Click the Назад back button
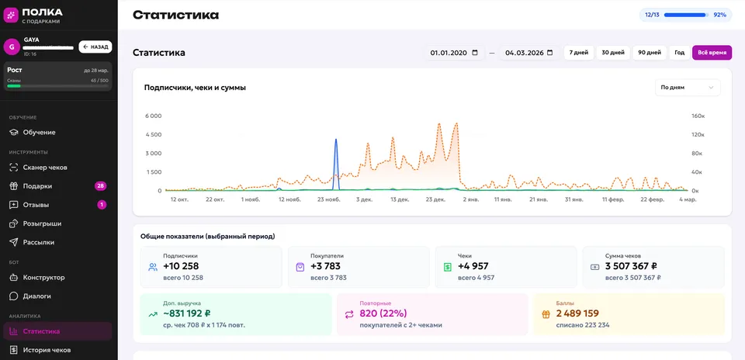tap(95, 47)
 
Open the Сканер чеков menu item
tap(45, 168)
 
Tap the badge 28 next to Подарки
tap(100, 186)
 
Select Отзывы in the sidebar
tap(36, 205)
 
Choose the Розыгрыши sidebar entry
tap(42, 223)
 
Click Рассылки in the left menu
tap(39, 242)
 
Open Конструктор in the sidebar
tap(43, 277)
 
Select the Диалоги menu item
tap(36, 296)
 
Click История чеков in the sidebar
tap(47, 350)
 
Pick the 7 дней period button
tap(579, 53)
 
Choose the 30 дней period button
tap(612, 53)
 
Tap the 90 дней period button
tap(649, 53)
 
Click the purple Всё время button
tap(712, 53)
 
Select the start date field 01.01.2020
tap(454, 53)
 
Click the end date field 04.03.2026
tap(528, 53)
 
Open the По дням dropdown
tap(688, 88)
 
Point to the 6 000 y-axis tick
tap(154, 116)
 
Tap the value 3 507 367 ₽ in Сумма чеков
tap(633, 266)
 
